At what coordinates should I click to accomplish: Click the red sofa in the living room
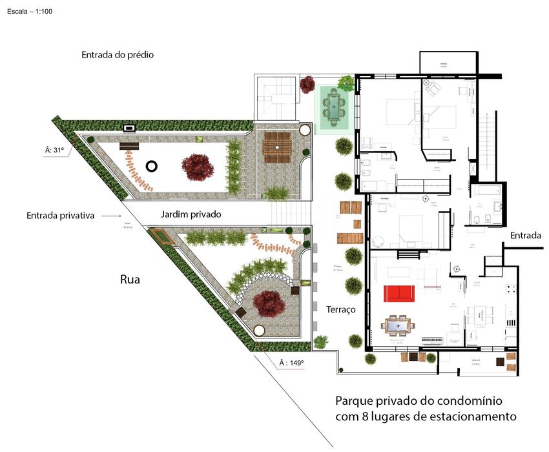pos(399,293)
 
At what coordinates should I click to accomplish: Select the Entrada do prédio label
pos(118,55)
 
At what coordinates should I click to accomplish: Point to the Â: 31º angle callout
pos(55,150)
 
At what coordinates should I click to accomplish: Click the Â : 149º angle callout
pos(291,364)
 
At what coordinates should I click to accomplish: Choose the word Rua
pos(130,280)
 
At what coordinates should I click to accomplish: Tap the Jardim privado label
pos(191,214)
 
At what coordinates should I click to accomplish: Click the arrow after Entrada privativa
pos(111,216)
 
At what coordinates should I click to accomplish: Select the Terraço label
pos(341,309)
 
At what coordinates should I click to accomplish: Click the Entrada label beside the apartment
pos(525,235)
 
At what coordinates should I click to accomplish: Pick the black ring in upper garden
pos(152,166)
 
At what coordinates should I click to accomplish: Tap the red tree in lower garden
pos(268,303)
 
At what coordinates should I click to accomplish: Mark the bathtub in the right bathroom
pos(482,192)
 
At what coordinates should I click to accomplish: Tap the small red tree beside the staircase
pos(307,85)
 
